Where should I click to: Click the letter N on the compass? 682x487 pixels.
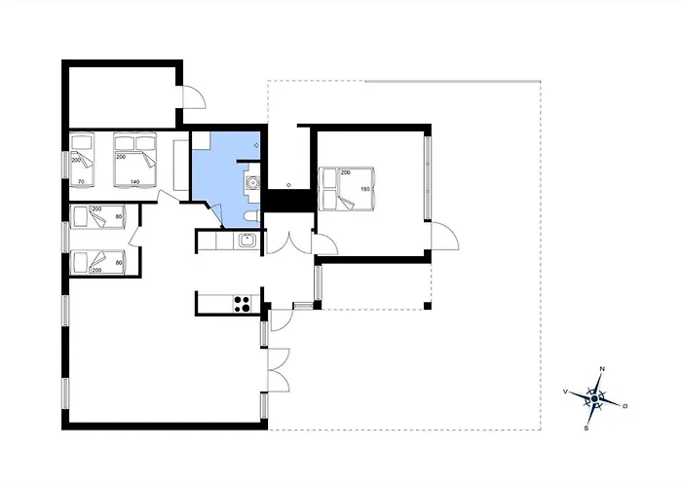[602, 369]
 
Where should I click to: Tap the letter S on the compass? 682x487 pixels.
[587, 429]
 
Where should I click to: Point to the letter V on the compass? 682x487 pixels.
[565, 392]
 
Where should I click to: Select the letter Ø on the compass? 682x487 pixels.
[625, 406]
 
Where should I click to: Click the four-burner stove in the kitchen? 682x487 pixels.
[243, 304]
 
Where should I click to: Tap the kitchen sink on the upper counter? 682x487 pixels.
[246, 241]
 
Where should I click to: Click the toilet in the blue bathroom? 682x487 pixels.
[251, 216]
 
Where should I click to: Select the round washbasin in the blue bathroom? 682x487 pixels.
[251, 183]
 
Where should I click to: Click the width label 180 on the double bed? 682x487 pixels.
[365, 189]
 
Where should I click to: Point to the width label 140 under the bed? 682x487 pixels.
[134, 182]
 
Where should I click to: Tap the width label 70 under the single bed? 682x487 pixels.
[81, 182]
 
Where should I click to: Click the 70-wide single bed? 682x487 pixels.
[82, 160]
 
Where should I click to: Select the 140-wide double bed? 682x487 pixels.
[134, 160]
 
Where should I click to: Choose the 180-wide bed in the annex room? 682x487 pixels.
[346, 189]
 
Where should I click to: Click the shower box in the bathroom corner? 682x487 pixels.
[202, 141]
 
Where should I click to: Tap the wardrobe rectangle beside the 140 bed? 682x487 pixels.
[180, 166]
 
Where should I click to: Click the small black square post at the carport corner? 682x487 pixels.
[428, 306]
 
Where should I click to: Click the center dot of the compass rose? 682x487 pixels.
[594, 398]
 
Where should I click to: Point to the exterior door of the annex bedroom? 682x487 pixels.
[444, 236]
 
